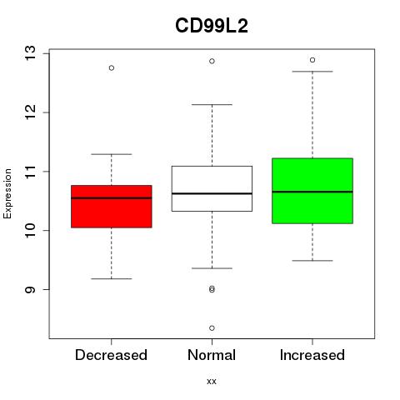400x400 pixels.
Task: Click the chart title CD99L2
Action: tap(212, 26)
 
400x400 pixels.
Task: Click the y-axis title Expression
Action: tap(7, 193)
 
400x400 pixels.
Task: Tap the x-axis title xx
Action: tap(212, 381)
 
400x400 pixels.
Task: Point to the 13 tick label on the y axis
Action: tap(30, 53)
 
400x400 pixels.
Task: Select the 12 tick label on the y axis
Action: tap(30, 112)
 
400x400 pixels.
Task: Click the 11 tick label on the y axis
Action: tap(30, 172)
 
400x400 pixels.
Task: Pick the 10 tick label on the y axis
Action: tap(30, 230)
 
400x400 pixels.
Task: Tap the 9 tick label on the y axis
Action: tap(30, 289)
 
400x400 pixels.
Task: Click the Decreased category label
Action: tap(111, 355)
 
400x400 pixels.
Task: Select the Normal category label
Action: tap(212, 355)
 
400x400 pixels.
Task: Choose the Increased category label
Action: tap(312, 355)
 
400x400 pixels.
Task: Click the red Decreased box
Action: tap(112, 207)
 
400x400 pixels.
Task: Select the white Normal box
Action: tap(212, 188)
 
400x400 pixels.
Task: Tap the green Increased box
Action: tap(312, 191)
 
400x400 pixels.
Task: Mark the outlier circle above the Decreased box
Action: tap(112, 68)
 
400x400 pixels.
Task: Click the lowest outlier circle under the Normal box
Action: tap(212, 328)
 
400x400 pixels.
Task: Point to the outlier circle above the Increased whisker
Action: tap(312, 60)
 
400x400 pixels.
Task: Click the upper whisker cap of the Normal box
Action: tap(212, 105)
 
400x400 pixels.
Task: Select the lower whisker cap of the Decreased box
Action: tap(112, 278)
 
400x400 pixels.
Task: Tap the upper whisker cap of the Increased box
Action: tap(312, 72)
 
